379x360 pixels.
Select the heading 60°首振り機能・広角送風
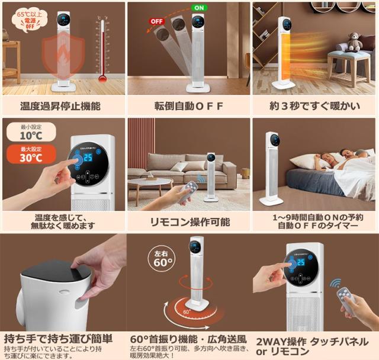point(188,339)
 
